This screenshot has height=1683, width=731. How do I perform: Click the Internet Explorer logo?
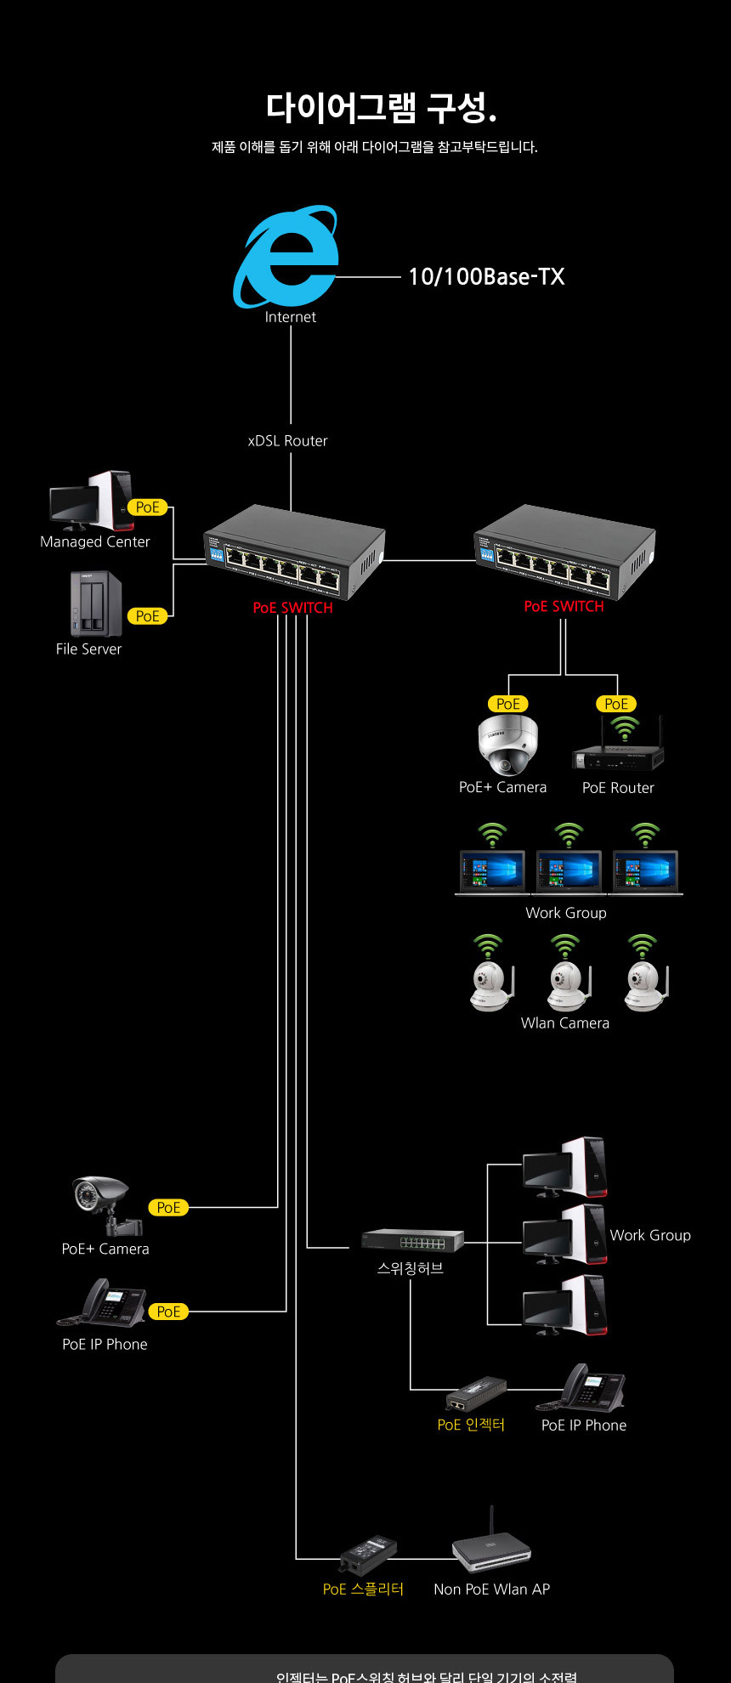point(287,257)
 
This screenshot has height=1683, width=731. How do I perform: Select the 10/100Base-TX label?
point(486,276)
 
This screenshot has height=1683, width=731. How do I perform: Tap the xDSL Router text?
point(287,440)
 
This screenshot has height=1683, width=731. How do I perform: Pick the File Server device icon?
point(96,604)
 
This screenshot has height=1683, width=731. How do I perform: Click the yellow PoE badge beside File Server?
point(148,615)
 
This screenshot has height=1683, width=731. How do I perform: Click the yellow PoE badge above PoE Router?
point(616,704)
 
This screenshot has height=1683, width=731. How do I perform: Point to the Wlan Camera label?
point(565,1023)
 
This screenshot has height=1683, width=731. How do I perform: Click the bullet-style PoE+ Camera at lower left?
point(105,1202)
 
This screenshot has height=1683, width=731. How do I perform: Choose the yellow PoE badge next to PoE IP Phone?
point(168,1312)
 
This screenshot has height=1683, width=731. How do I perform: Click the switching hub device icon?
point(412,1240)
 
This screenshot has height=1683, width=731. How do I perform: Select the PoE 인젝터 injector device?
point(476,1395)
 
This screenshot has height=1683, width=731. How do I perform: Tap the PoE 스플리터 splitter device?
point(368,1555)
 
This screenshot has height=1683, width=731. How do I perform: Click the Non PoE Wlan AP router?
point(491,1547)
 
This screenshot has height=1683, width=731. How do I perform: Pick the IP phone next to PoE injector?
point(592,1389)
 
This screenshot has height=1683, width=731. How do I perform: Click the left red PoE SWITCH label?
point(292,608)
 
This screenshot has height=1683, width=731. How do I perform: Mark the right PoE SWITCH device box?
point(565,551)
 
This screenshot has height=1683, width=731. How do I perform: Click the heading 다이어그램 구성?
point(381,107)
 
